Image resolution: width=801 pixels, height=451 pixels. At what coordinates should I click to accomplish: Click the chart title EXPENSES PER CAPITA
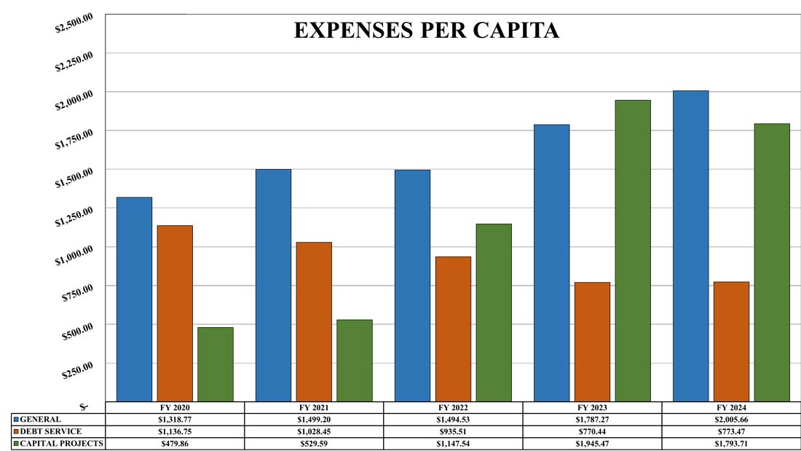point(426,31)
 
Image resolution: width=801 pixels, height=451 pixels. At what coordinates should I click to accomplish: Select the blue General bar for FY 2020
point(135,299)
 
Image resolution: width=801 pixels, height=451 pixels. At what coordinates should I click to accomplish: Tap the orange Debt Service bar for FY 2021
point(314,321)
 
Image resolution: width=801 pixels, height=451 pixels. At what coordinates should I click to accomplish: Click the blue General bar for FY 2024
point(690,246)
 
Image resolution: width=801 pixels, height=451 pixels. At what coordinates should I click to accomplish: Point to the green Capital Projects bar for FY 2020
point(216,364)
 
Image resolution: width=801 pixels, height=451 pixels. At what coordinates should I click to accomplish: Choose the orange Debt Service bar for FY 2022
point(453,329)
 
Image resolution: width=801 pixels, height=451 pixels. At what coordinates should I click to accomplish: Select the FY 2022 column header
point(453,407)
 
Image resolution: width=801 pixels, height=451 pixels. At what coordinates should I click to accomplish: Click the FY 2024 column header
point(731,407)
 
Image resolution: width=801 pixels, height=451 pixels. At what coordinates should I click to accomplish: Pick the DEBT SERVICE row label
point(51,431)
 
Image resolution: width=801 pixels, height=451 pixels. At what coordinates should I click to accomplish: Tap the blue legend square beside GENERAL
point(16,420)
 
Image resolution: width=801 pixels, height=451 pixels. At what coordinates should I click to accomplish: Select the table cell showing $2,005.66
point(731,420)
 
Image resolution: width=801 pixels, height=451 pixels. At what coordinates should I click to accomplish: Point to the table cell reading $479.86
point(175,443)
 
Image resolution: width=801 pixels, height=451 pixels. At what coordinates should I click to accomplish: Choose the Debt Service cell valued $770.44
point(592,431)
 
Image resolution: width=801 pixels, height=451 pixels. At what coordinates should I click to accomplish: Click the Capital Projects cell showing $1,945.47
point(592,443)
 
